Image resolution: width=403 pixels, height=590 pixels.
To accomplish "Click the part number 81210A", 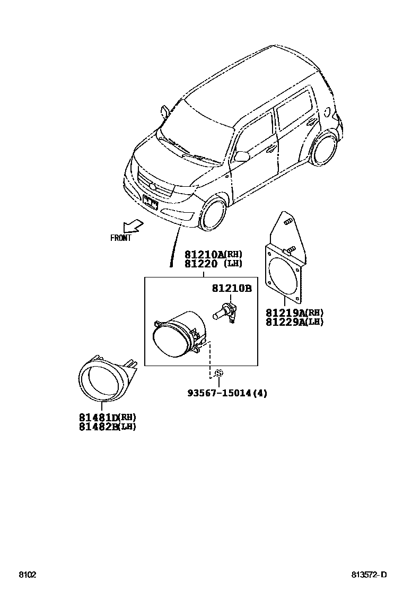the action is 205,255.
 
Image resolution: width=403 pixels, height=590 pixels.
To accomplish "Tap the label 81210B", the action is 231,289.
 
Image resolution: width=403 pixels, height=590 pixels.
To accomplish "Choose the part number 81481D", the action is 99,418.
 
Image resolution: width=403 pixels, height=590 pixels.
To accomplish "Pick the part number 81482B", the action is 99,427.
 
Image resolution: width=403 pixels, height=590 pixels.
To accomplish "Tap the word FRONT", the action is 120,238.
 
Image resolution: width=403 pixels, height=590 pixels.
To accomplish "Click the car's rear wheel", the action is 324,149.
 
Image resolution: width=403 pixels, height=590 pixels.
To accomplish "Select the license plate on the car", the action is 150,202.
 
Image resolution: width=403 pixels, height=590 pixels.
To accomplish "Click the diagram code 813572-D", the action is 369,575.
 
